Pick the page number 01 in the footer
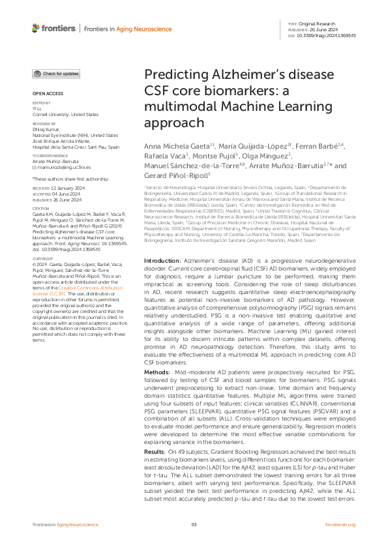coord(194,524)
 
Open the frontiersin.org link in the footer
coord(340,524)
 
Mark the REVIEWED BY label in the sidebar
coord(44,123)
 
